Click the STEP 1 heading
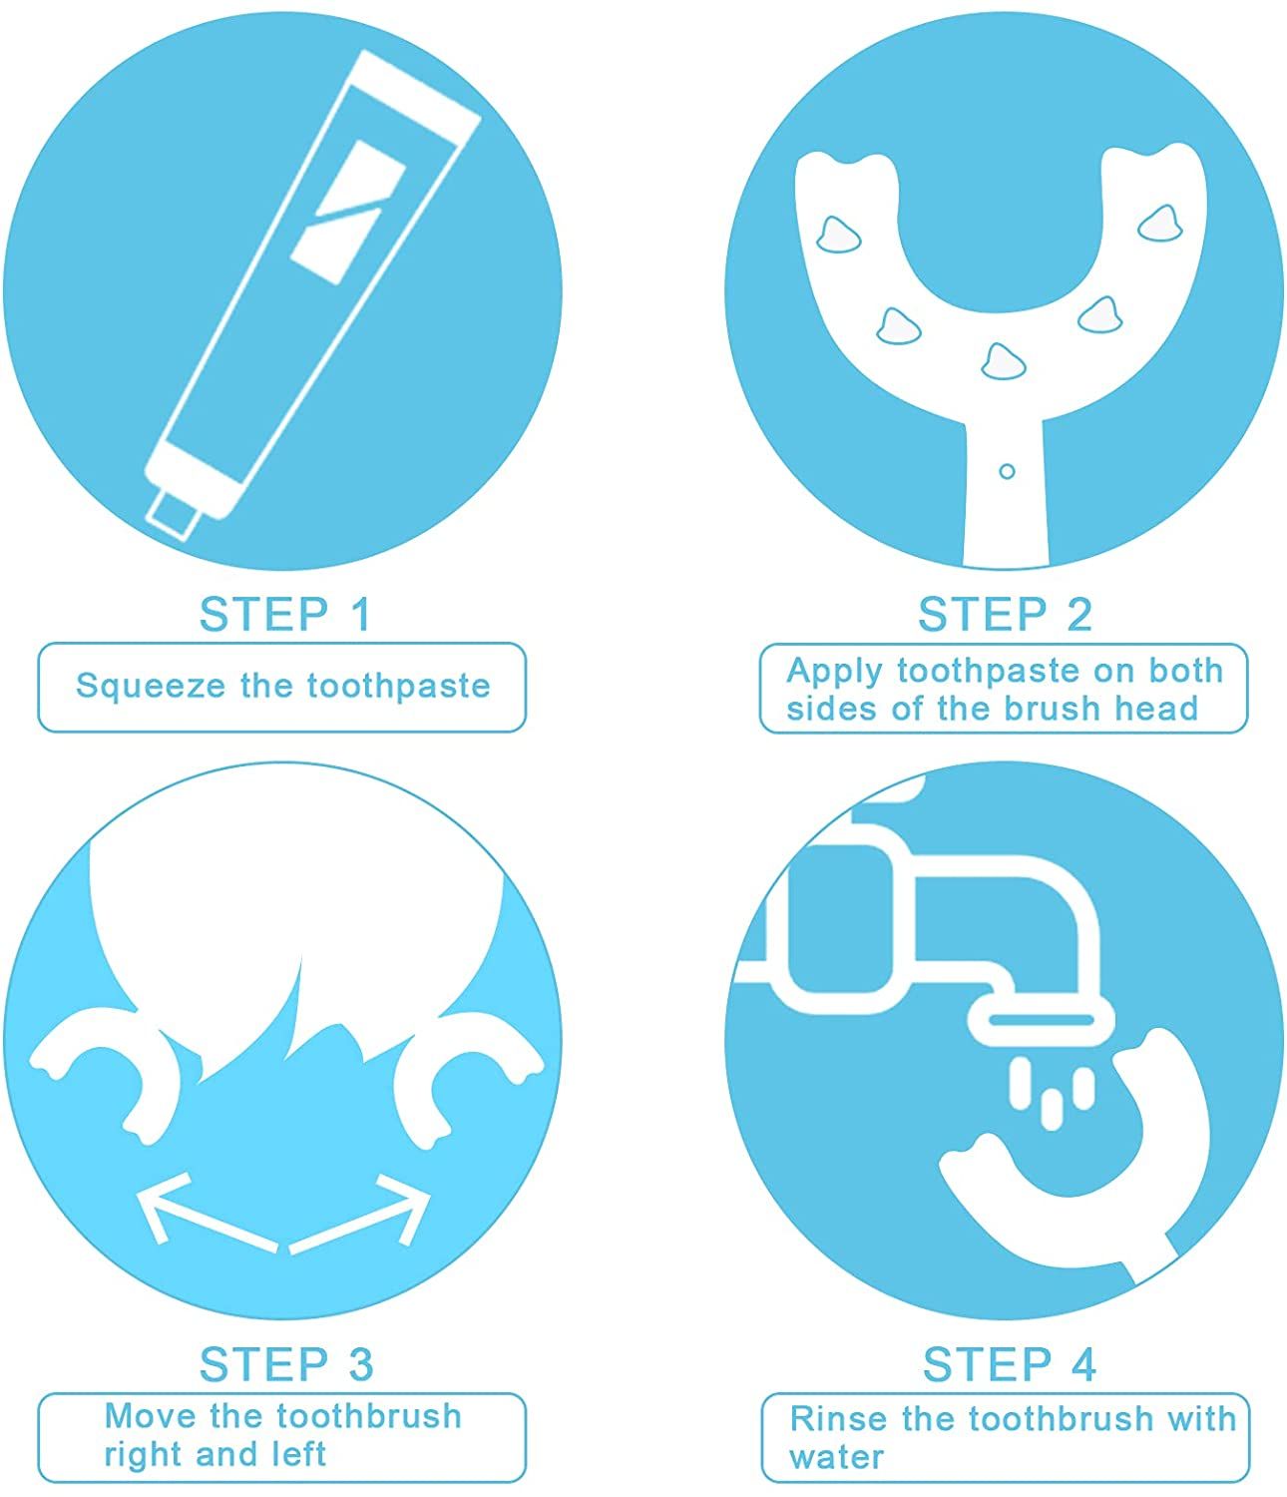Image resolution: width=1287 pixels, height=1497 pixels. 285,615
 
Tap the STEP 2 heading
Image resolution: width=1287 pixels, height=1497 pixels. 1005,615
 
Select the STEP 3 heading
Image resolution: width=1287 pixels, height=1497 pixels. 286,1365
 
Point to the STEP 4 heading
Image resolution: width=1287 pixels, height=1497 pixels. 1009,1365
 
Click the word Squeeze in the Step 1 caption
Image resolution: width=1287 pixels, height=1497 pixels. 151,687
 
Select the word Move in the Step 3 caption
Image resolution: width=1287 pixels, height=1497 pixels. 150,1416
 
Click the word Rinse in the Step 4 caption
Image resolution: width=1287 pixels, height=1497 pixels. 838,1419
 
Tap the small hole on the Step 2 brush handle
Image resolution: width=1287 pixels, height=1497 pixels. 1006,471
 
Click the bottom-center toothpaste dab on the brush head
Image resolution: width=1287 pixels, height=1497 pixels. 1004,360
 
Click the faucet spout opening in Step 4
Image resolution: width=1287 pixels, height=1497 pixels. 1041,1020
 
